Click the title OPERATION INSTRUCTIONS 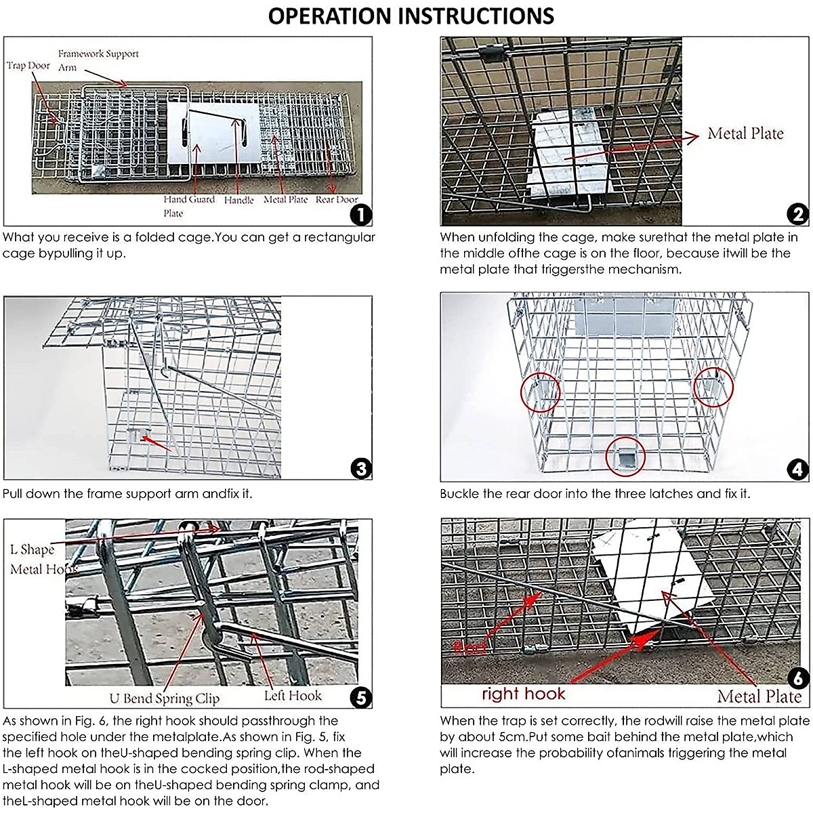[x=411, y=16]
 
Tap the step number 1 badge [x=361, y=215]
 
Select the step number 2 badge [x=798, y=215]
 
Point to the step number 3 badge [x=361, y=469]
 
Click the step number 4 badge [x=798, y=470]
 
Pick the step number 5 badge [x=361, y=697]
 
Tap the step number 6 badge [x=798, y=677]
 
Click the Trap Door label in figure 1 [x=28, y=66]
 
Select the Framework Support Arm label [x=98, y=60]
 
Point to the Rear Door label [x=337, y=200]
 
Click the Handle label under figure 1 [x=238, y=201]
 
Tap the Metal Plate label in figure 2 [x=745, y=133]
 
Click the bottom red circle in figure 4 [x=625, y=457]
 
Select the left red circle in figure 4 [x=540, y=392]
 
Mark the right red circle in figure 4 [x=714, y=386]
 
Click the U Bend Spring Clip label [x=165, y=699]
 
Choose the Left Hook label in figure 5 [x=293, y=696]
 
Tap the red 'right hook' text [x=523, y=694]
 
